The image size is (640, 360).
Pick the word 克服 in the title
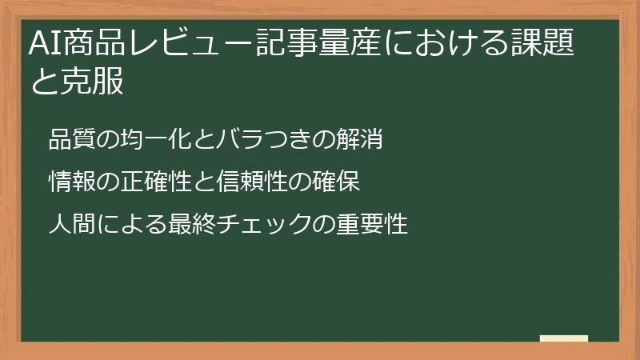pyautogui.click(x=92, y=82)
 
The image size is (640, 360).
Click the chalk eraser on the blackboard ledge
pyautogui.click(x=563, y=338)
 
